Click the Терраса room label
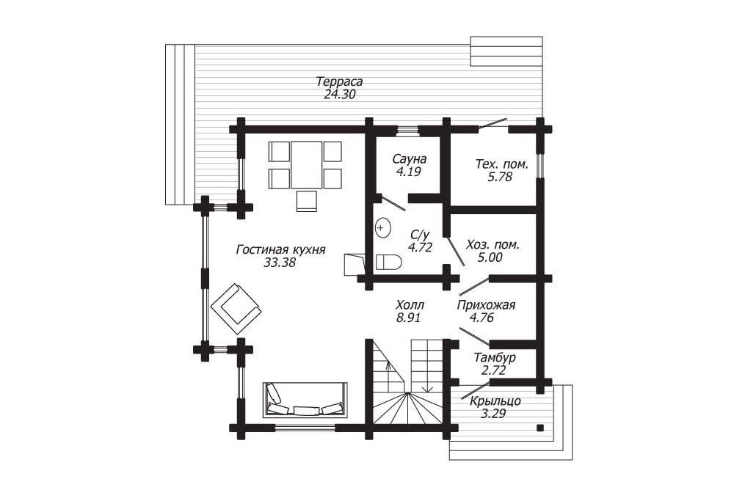point(339,81)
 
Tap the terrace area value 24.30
point(340,95)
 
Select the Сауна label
point(409,158)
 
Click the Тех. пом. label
point(502,164)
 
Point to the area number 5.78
point(500,177)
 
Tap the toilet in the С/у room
point(388,262)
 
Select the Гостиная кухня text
point(280,249)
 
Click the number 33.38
point(280,263)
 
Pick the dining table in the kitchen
point(307,164)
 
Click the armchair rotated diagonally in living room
point(236,308)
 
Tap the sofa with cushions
point(305,400)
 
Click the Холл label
point(410,305)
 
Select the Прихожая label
point(486,305)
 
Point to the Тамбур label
point(495,358)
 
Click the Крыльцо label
point(495,401)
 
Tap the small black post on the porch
point(540,428)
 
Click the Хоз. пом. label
point(493,245)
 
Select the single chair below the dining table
point(307,201)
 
